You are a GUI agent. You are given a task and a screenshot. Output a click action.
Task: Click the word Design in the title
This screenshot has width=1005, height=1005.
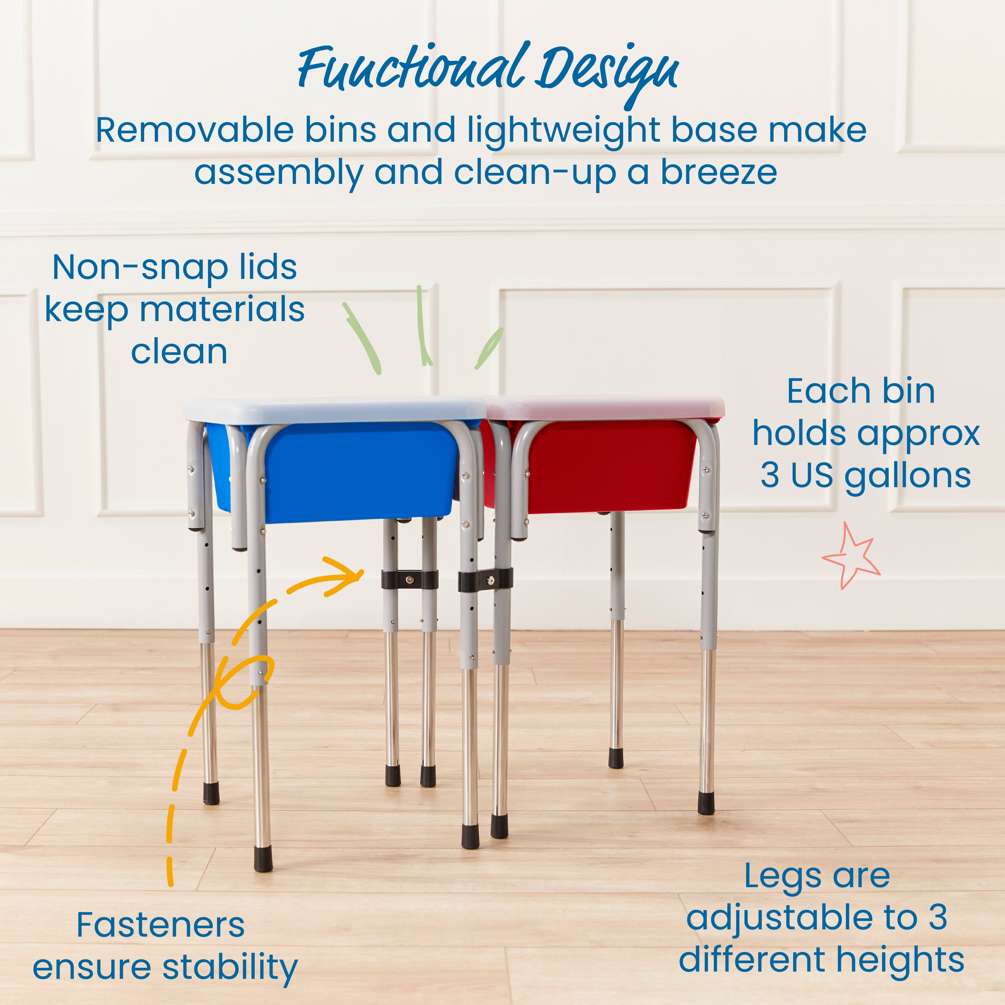point(606,73)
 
